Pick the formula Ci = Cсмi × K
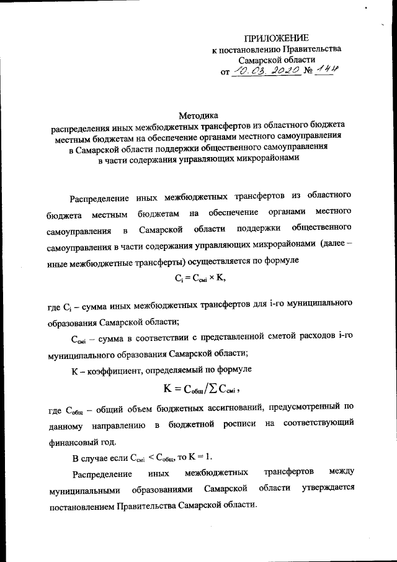[x=198, y=279]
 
